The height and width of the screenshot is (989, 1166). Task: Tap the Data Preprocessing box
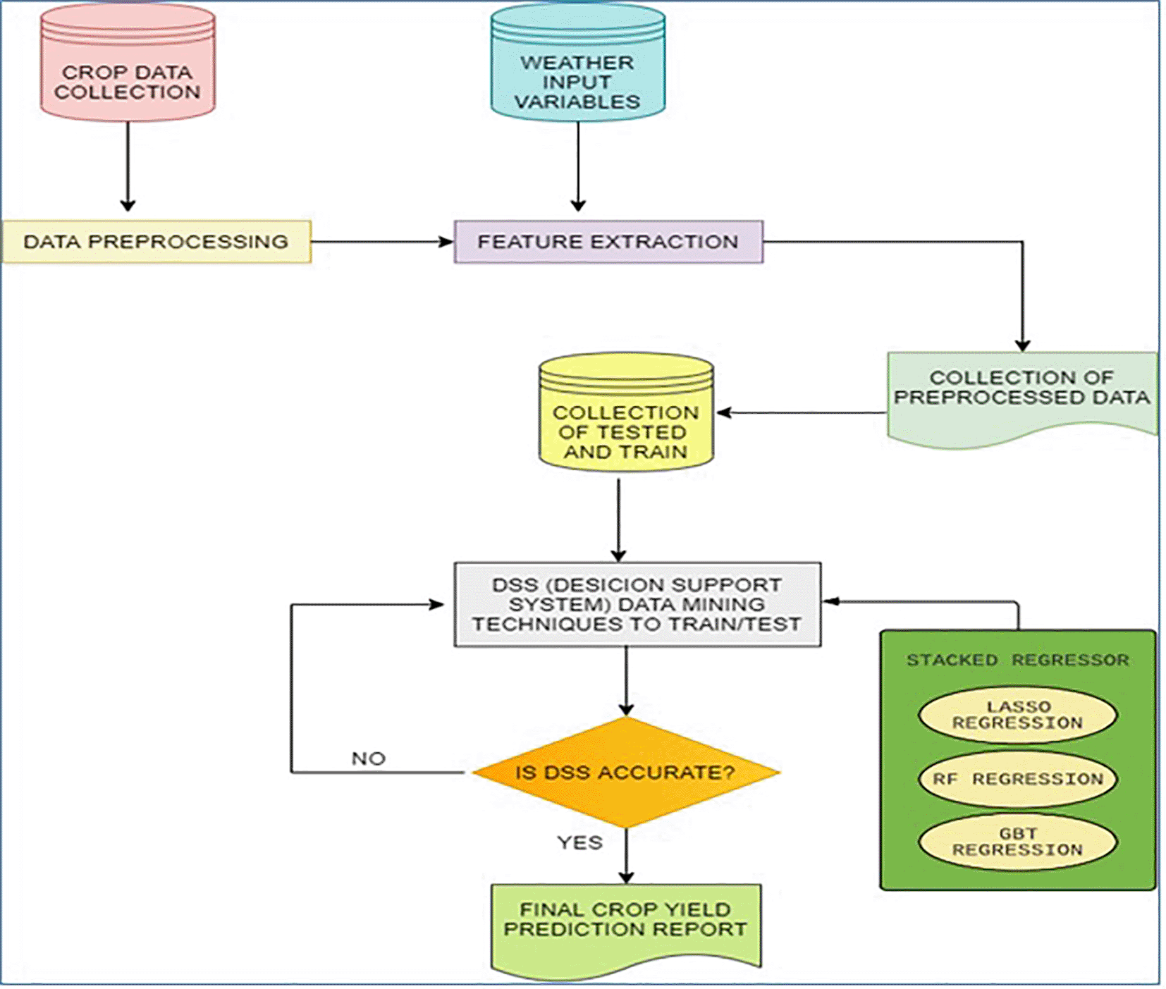(x=156, y=242)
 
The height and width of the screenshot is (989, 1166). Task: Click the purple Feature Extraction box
(x=608, y=242)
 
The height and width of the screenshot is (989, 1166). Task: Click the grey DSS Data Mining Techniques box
(x=637, y=604)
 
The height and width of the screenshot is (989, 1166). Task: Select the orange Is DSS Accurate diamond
(x=625, y=773)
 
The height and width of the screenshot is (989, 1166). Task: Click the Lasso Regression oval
(x=1017, y=715)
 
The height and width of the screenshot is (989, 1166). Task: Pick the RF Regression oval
(x=1017, y=779)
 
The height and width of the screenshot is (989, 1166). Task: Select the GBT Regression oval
(x=1017, y=842)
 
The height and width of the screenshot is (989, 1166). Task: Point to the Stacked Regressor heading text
(x=1017, y=660)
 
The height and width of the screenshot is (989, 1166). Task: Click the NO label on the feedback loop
(x=368, y=758)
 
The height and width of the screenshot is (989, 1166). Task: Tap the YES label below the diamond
(x=579, y=842)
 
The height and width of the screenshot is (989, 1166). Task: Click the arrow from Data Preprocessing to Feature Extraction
(x=381, y=242)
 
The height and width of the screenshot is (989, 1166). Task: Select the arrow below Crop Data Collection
(x=128, y=166)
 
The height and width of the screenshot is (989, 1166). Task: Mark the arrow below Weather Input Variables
(x=578, y=166)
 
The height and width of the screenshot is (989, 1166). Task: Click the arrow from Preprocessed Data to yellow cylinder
(x=800, y=412)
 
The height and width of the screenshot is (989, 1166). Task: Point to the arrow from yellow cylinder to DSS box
(x=618, y=518)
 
